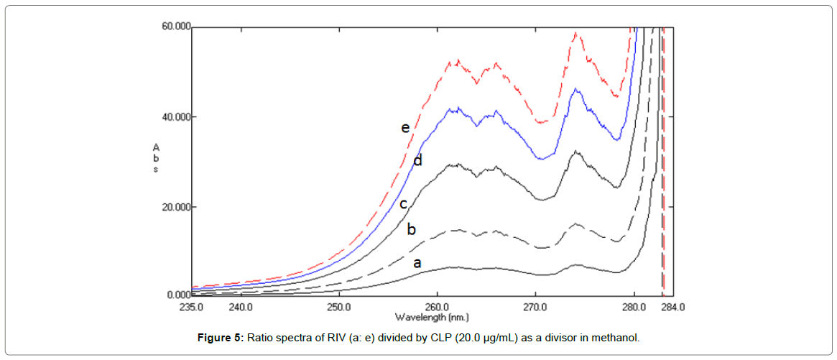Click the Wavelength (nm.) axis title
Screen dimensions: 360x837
pos(432,316)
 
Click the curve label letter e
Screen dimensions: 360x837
pos(405,128)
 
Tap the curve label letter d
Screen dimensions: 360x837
pos(417,160)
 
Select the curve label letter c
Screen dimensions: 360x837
pos(404,204)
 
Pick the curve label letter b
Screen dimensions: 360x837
pos(412,230)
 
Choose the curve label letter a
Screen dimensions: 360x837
pos(417,263)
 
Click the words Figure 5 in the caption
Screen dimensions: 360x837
pos(221,338)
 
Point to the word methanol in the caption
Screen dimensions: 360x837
pos(616,338)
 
